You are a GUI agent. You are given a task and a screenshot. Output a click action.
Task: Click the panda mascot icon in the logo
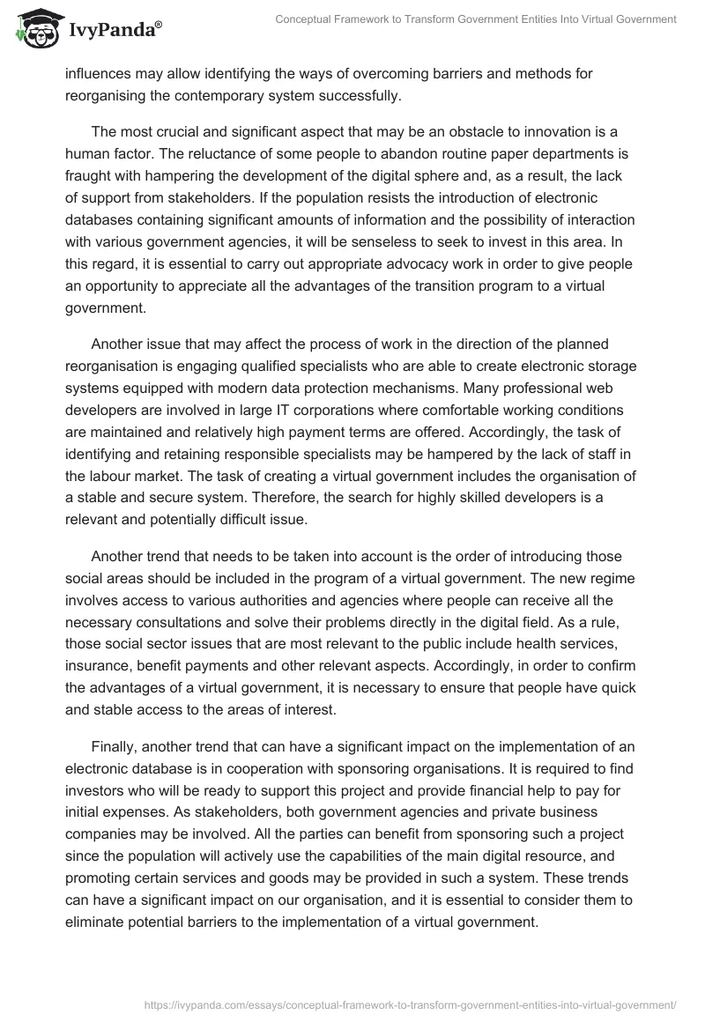(x=32, y=28)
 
